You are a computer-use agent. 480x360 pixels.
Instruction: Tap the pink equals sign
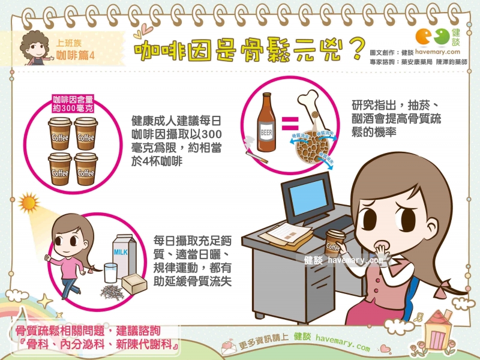tap(290, 123)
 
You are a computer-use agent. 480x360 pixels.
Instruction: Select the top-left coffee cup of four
tap(60, 133)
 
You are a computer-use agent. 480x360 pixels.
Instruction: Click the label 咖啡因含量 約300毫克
tap(73, 103)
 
